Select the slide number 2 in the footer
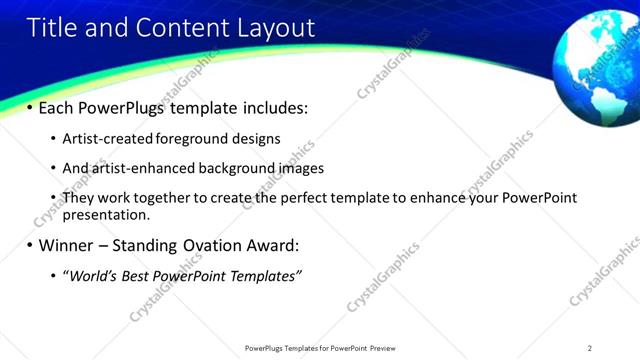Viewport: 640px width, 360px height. coord(590,348)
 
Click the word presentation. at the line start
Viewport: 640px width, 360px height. coord(106,214)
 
